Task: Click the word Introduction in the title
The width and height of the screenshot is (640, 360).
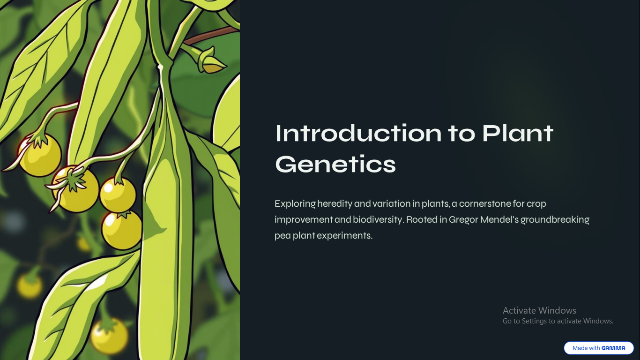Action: [x=358, y=133]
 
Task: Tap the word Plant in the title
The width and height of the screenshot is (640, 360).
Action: [x=518, y=133]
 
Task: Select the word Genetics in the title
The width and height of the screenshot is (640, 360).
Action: [x=335, y=164]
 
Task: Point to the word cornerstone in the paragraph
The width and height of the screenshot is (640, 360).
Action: [x=485, y=203]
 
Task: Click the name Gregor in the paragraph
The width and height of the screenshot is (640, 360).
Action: [x=463, y=219]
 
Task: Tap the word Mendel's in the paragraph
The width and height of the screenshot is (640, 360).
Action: [x=499, y=219]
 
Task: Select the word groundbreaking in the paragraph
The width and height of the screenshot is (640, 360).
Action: [x=555, y=219]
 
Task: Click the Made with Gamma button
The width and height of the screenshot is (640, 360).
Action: [x=599, y=348]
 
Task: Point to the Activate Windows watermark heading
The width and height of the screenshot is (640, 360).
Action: [x=539, y=310]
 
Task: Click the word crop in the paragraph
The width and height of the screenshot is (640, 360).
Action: [x=536, y=204]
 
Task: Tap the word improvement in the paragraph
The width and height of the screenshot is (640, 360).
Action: [x=304, y=220]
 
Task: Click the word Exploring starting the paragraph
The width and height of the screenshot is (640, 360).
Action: [x=295, y=204]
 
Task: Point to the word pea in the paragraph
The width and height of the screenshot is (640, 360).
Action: [x=283, y=236]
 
